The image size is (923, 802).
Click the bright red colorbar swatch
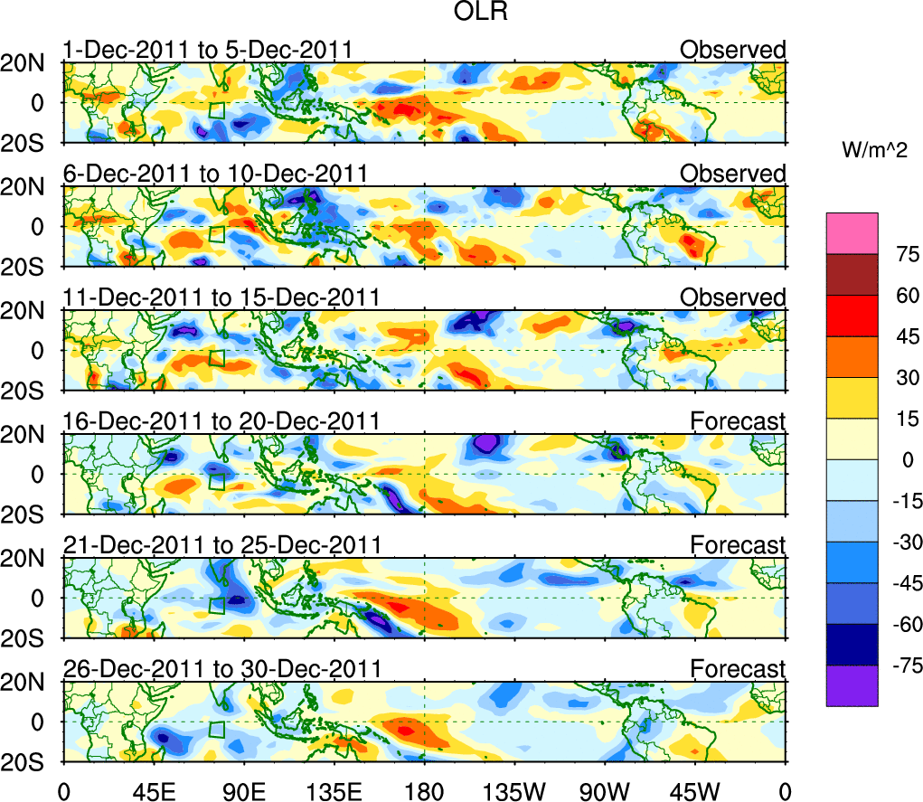(x=852, y=316)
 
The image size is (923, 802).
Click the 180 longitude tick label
(x=425, y=787)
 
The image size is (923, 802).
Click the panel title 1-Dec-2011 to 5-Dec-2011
(x=207, y=50)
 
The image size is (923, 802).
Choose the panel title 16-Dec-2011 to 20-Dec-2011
(x=221, y=421)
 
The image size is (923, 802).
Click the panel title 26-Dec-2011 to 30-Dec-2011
(x=221, y=669)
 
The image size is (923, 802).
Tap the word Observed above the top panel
(x=733, y=50)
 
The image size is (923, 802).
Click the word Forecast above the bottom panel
(x=739, y=669)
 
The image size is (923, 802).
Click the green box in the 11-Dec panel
(x=216, y=358)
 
